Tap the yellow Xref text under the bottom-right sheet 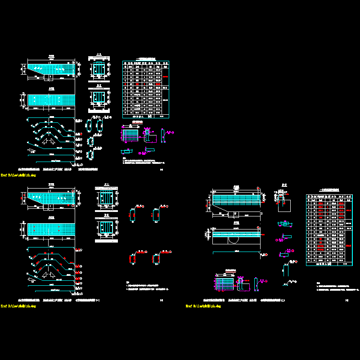(204, 306)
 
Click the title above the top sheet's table (146, 59)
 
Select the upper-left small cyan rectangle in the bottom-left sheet (134, 215)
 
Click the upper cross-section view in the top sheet (99, 70)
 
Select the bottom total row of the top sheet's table (146, 116)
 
